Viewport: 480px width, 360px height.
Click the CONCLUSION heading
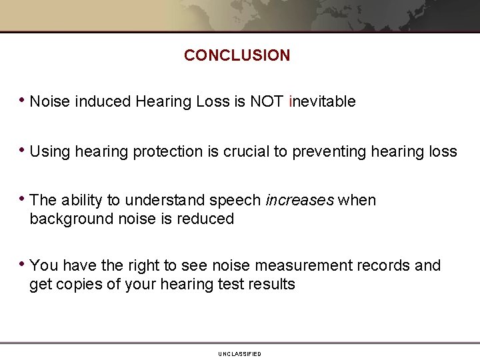237,55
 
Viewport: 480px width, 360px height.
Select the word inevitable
323,101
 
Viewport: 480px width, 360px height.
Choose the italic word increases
299,201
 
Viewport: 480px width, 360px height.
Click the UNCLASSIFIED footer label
239,354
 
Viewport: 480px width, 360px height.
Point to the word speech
236,201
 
